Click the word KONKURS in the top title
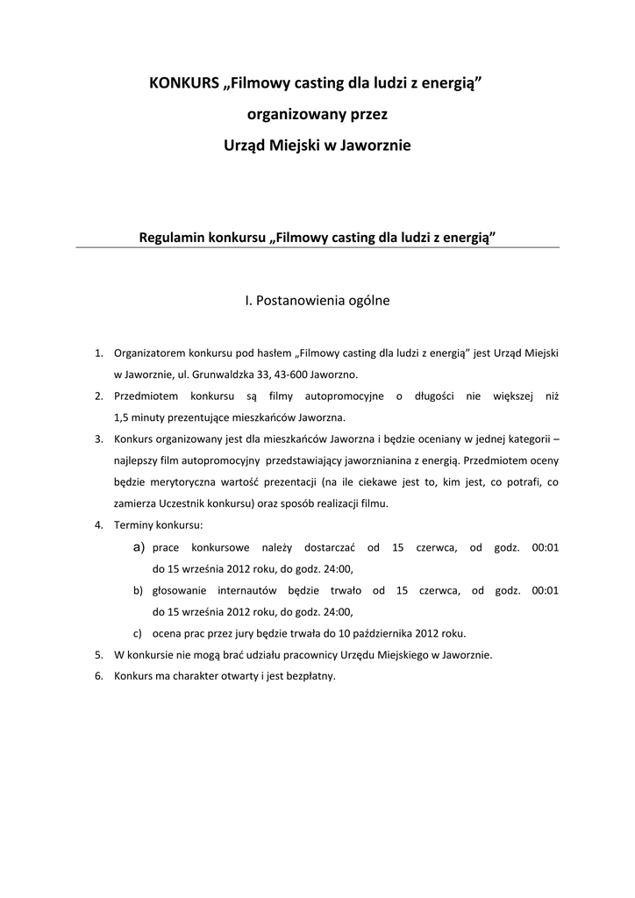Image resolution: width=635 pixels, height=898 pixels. (x=185, y=84)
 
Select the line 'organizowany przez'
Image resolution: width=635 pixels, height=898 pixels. (x=317, y=114)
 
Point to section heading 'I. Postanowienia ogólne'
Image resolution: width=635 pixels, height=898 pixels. (x=317, y=300)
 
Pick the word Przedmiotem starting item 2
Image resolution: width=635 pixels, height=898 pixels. (x=146, y=396)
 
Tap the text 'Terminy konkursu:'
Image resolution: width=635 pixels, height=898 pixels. (x=158, y=525)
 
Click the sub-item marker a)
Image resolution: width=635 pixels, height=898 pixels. (x=139, y=547)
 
